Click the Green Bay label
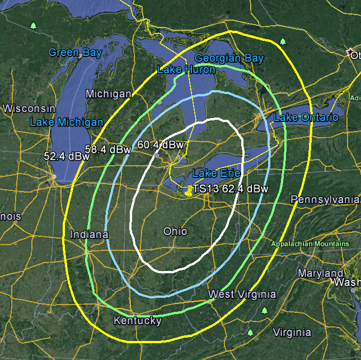click(75, 53)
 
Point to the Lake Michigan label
click(67, 122)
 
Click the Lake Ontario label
click(306, 118)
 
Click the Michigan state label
click(109, 93)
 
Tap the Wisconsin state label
click(28, 108)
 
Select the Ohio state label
click(175, 231)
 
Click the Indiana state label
click(90, 235)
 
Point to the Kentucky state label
click(137, 321)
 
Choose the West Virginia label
click(242, 294)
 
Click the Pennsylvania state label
click(325, 200)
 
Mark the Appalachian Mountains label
click(310, 244)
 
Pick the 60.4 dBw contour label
click(160, 144)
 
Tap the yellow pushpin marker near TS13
click(189, 191)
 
